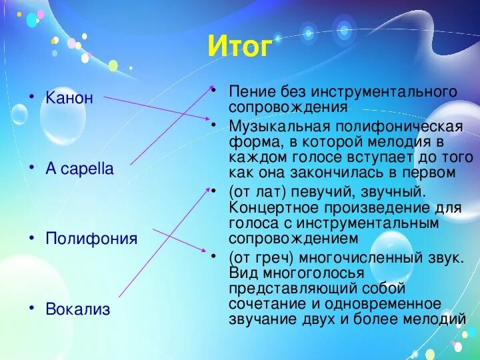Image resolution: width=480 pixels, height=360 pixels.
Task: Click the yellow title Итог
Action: click(x=240, y=47)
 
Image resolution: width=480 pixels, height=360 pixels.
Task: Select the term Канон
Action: click(x=69, y=98)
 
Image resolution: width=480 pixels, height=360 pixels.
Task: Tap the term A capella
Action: click(x=79, y=169)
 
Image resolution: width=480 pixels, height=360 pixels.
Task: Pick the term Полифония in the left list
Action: click(x=91, y=239)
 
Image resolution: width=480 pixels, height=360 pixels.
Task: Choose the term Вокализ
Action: click(x=78, y=309)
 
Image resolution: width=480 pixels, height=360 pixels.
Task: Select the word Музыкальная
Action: click(x=279, y=127)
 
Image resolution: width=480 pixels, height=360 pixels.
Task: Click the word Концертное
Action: click(x=274, y=207)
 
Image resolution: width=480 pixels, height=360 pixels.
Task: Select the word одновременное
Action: click(x=383, y=304)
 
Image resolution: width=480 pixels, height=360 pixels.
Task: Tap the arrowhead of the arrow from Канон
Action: click(x=208, y=118)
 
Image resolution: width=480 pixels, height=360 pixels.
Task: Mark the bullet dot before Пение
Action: click(x=214, y=91)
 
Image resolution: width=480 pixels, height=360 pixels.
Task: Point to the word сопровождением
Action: click(x=293, y=239)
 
